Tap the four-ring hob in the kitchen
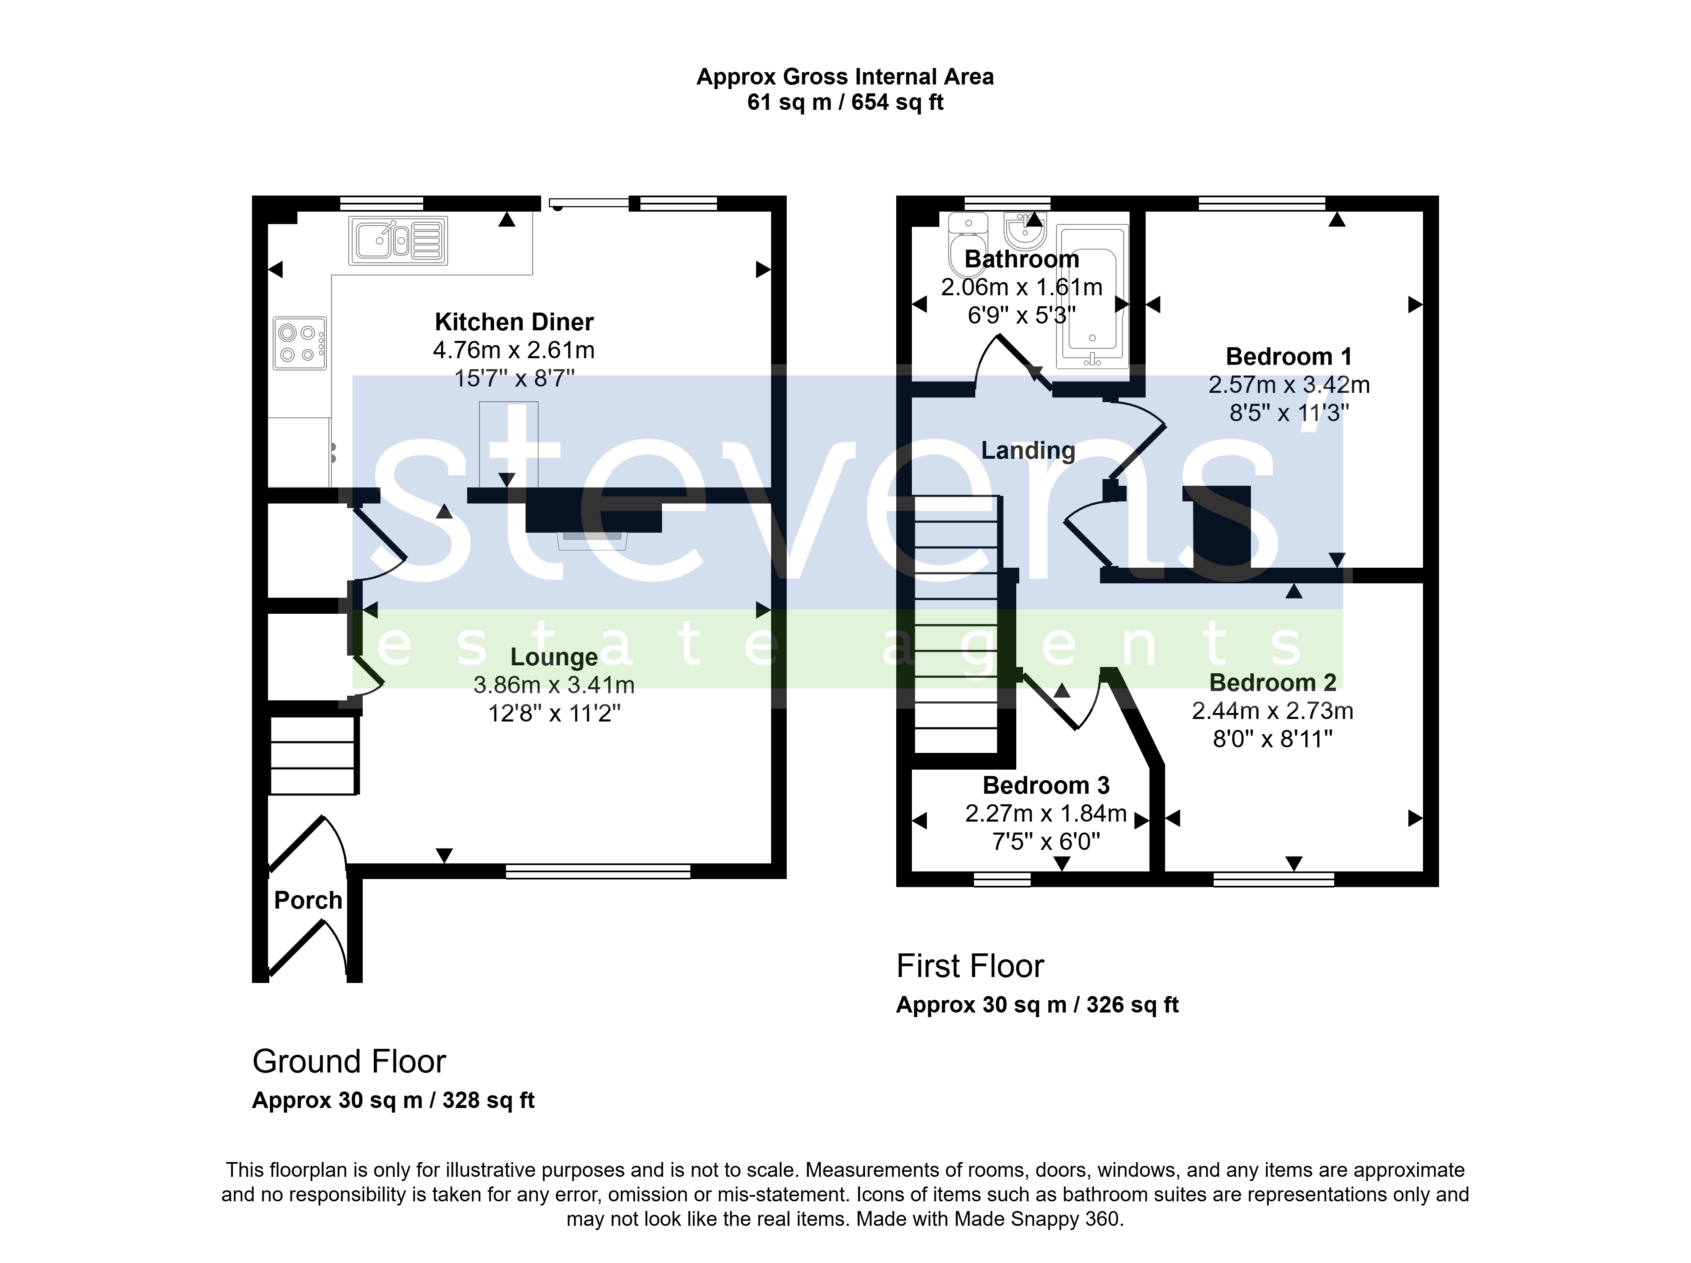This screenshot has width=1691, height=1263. pyautogui.click(x=300, y=343)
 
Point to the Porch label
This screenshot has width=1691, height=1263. pyautogui.click(x=308, y=900)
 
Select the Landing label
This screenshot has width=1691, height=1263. pyautogui.click(x=1028, y=451)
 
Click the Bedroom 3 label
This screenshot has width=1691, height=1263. pyautogui.click(x=1046, y=785)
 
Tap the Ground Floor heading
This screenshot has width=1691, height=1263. pyautogui.click(x=349, y=1061)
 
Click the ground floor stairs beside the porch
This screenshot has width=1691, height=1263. pyautogui.click(x=313, y=755)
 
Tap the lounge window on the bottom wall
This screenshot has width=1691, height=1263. pyautogui.click(x=598, y=871)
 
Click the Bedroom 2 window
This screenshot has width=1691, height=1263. pyautogui.click(x=1274, y=879)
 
